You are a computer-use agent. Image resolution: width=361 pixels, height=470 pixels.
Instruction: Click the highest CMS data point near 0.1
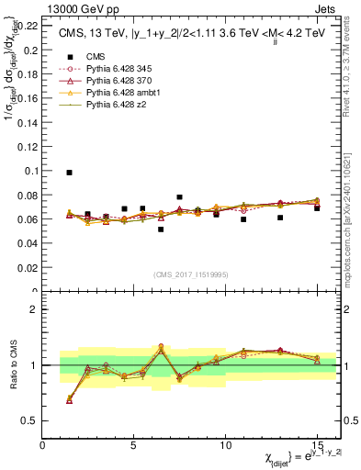click(x=70, y=173)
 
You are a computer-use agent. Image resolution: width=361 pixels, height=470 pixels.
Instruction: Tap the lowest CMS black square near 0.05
click(x=161, y=229)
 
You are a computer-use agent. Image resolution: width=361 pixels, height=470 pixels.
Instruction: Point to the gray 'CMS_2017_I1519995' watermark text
click(x=190, y=275)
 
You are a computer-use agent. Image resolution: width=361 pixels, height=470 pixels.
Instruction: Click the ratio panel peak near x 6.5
click(x=161, y=347)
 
